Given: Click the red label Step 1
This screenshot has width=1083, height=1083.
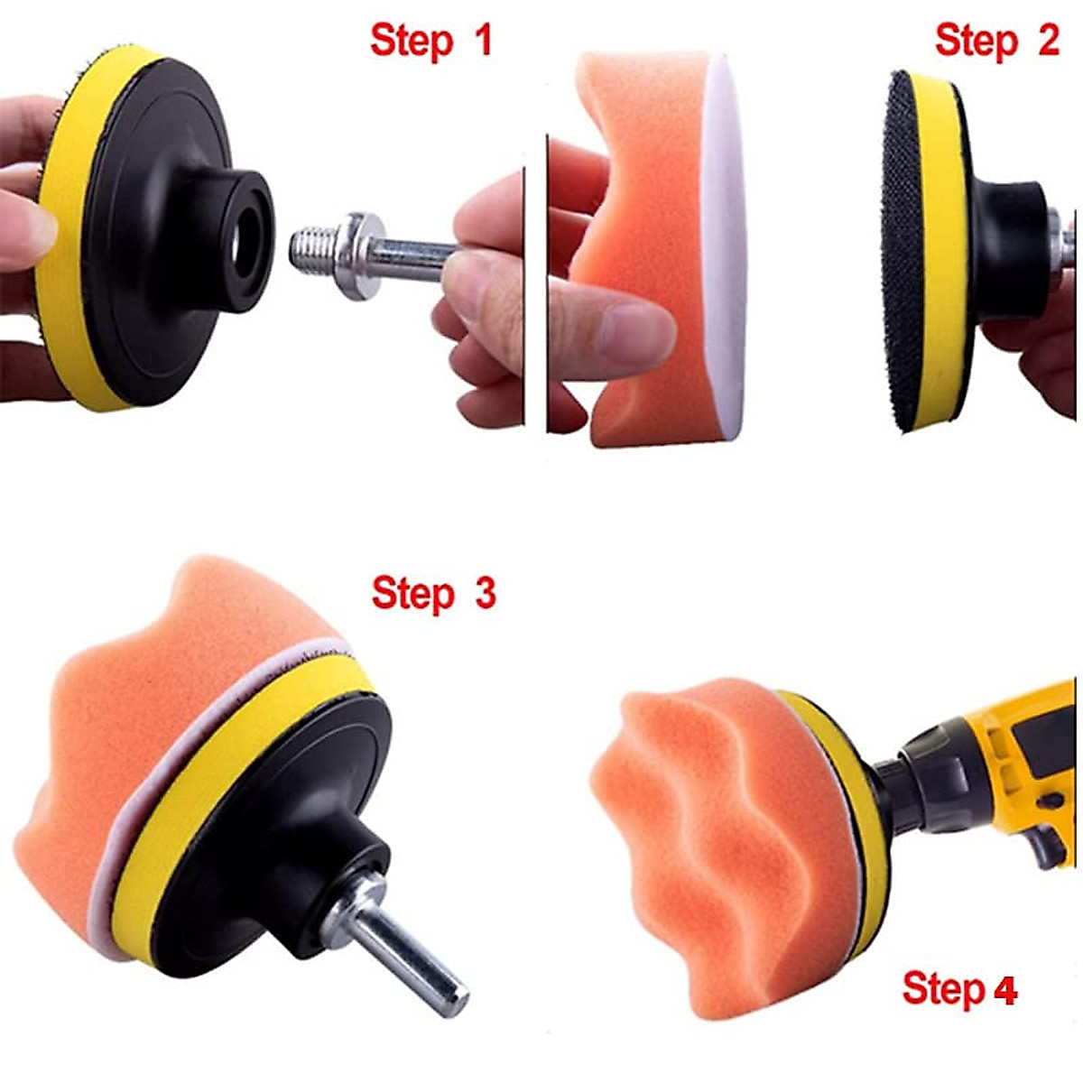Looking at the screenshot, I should (x=431, y=42).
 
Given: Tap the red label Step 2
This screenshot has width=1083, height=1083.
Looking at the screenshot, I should (x=996, y=41).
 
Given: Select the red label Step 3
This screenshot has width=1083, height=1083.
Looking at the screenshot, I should (x=433, y=594).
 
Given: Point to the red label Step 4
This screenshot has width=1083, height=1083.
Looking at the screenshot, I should (x=958, y=989).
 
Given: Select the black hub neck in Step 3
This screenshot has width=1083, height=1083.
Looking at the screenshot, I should (x=334, y=866).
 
